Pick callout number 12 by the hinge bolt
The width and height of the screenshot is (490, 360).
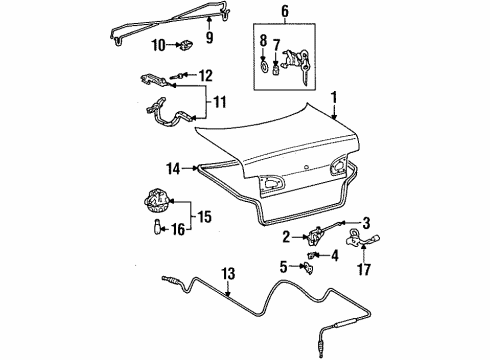(206, 74)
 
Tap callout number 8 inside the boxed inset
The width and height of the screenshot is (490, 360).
(262, 42)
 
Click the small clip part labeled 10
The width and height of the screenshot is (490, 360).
(187, 45)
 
